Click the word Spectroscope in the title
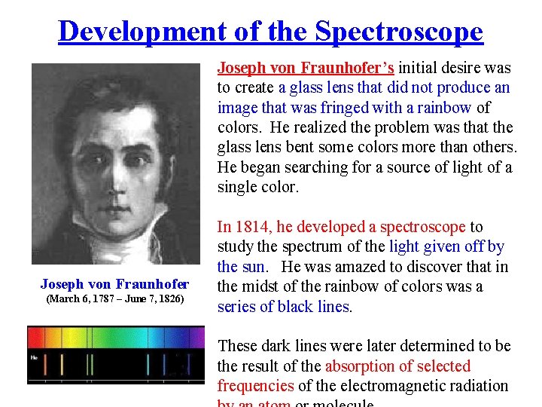[x=399, y=32]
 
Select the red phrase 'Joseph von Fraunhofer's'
[x=306, y=68]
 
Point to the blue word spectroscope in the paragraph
[x=422, y=227]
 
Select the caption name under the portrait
[x=114, y=284]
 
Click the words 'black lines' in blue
[x=317, y=307]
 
